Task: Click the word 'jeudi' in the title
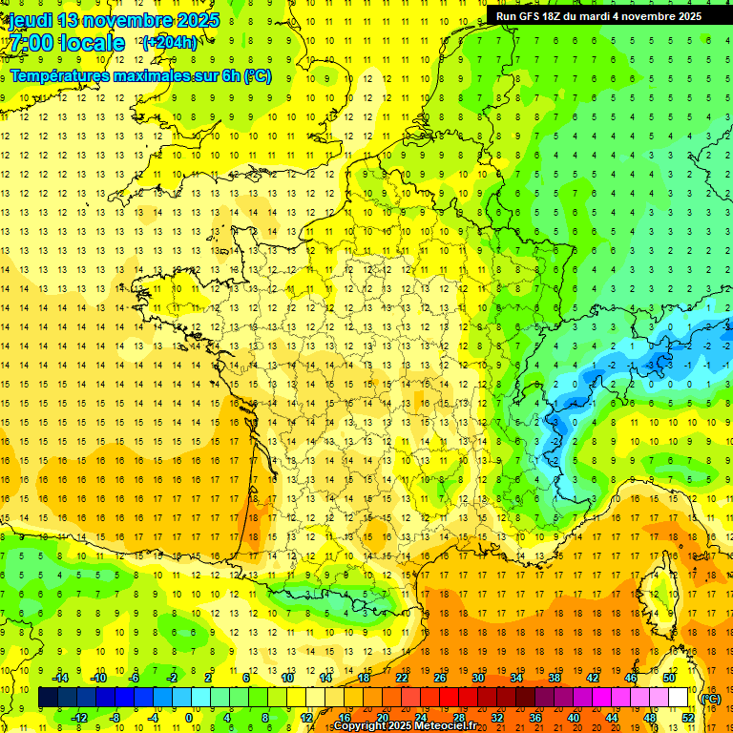click(30, 19)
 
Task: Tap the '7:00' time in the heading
click(31, 43)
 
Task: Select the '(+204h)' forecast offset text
click(169, 42)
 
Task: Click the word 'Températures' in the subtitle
click(58, 75)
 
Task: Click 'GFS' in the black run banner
click(530, 16)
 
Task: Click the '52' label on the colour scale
click(688, 718)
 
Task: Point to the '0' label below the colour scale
click(189, 718)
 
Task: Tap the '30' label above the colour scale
click(477, 678)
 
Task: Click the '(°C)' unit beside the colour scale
click(710, 698)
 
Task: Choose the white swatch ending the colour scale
click(678, 698)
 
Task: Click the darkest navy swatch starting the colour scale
click(48, 698)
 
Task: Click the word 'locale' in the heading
click(90, 43)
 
